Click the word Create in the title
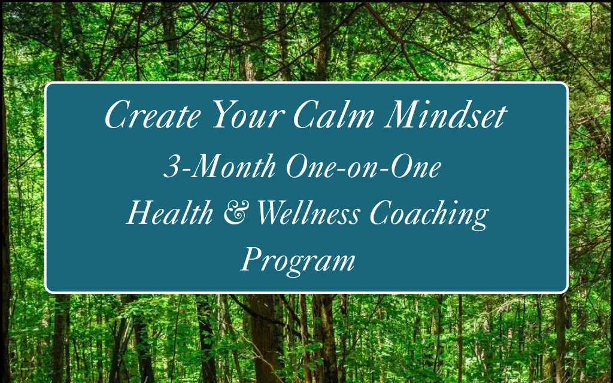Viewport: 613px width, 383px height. click(153, 114)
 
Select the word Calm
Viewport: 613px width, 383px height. click(333, 114)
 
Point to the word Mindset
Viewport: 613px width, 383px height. click(445, 114)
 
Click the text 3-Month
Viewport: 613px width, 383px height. click(220, 166)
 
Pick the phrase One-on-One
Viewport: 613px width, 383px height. click(363, 166)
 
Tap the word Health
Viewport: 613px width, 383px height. click(169, 212)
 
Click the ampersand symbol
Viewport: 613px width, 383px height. click(236, 214)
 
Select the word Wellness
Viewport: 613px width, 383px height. click(308, 212)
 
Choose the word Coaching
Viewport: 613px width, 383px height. click(429, 215)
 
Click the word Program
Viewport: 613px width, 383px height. click(298, 261)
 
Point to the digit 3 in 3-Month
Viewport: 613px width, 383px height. click(171, 166)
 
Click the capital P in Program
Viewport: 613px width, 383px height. click(251, 260)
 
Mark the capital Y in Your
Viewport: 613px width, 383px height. click(226, 114)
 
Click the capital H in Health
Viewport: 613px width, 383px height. click(141, 212)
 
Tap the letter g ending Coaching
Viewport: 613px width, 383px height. click(480, 219)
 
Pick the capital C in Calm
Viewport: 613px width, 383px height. click(307, 114)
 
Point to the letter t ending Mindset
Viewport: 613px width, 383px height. click(502, 117)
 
